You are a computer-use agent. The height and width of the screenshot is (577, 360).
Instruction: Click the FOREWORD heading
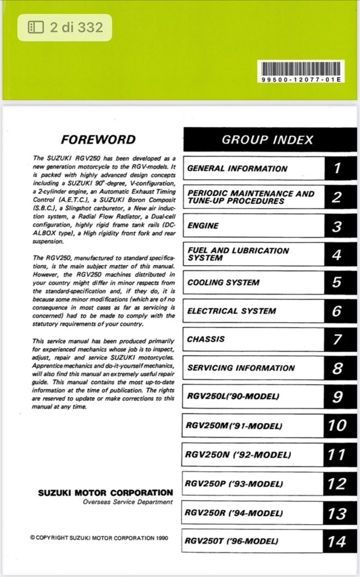(x=99, y=140)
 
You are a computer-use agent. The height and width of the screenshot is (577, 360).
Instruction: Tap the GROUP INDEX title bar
(x=267, y=140)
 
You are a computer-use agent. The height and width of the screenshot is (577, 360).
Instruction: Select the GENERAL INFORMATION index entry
(x=237, y=169)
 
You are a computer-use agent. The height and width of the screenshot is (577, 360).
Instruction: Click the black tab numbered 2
(x=337, y=197)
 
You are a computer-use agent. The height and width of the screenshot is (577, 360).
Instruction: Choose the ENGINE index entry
(x=203, y=226)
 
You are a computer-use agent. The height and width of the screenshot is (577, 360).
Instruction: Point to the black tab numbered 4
(x=337, y=255)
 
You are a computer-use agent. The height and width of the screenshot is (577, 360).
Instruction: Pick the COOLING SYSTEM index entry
(x=223, y=282)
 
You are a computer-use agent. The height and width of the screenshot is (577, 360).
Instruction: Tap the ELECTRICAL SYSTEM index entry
(x=231, y=311)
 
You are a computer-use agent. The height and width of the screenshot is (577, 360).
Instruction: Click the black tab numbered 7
(x=337, y=340)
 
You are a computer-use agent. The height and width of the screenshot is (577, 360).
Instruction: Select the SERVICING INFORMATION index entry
(x=241, y=368)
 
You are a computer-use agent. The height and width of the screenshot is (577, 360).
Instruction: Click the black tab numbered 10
(x=337, y=426)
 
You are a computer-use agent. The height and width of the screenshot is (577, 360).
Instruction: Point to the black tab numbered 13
(x=337, y=513)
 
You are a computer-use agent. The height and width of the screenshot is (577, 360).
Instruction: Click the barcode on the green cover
(x=301, y=68)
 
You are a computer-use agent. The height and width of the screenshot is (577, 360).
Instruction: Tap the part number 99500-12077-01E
(x=301, y=79)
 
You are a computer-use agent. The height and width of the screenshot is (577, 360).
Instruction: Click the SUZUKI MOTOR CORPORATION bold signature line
(x=105, y=493)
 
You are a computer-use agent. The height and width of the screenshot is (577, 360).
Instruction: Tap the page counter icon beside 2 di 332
(x=35, y=27)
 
